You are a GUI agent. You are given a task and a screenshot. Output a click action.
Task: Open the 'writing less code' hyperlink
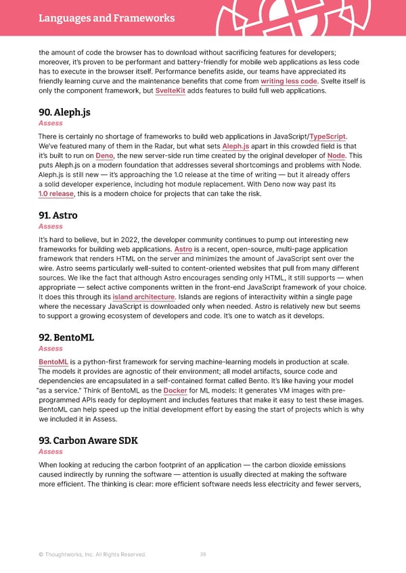289,80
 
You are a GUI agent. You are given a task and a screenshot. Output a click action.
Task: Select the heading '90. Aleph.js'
64,113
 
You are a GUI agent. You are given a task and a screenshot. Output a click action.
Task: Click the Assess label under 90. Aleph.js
51,124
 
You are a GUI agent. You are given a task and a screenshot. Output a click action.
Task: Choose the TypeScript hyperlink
328,136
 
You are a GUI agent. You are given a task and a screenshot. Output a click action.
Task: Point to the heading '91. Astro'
58,216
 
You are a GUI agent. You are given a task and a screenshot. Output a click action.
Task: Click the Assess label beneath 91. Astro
51,226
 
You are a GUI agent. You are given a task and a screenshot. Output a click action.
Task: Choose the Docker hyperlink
175,391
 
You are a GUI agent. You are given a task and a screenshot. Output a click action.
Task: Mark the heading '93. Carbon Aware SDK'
88,441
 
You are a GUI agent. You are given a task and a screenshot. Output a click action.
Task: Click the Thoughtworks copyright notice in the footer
92,555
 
